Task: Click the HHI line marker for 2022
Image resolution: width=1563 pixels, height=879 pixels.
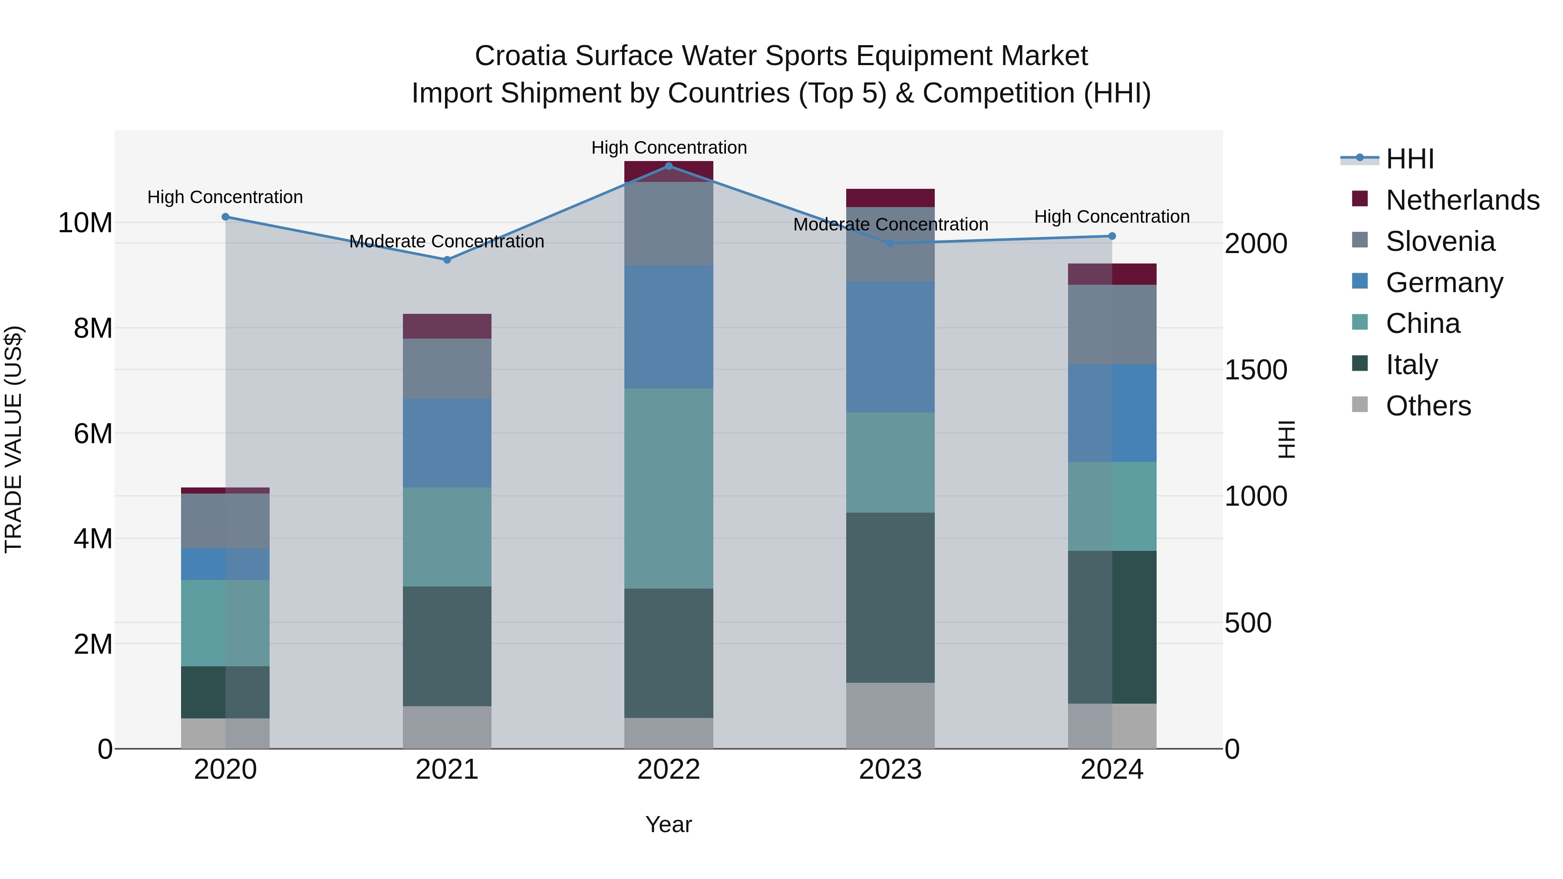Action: tap(669, 166)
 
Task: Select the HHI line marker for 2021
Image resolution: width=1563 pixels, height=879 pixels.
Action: tap(447, 260)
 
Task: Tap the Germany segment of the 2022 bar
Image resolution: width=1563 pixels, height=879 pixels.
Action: tap(669, 326)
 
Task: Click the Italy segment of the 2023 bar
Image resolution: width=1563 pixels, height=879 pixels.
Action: tap(890, 598)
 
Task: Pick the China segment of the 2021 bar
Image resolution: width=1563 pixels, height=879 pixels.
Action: tap(447, 537)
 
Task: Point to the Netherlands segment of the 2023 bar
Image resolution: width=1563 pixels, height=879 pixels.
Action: tap(890, 198)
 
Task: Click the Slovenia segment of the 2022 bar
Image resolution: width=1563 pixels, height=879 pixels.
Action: tap(669, 223)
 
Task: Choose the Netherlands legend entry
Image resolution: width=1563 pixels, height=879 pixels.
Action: tap(1462, 200)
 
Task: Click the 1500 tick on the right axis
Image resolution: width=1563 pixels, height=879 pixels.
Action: tap(1255, 370)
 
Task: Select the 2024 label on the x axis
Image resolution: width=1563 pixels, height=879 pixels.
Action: tap(1111, 770)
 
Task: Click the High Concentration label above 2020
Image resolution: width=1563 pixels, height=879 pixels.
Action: tap(225, 197)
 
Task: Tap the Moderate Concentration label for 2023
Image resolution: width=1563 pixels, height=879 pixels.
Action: tap(890, 224)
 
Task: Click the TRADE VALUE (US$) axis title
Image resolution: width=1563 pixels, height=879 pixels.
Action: tap(13, 439)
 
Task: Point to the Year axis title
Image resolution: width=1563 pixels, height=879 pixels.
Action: tap(669, 824)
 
